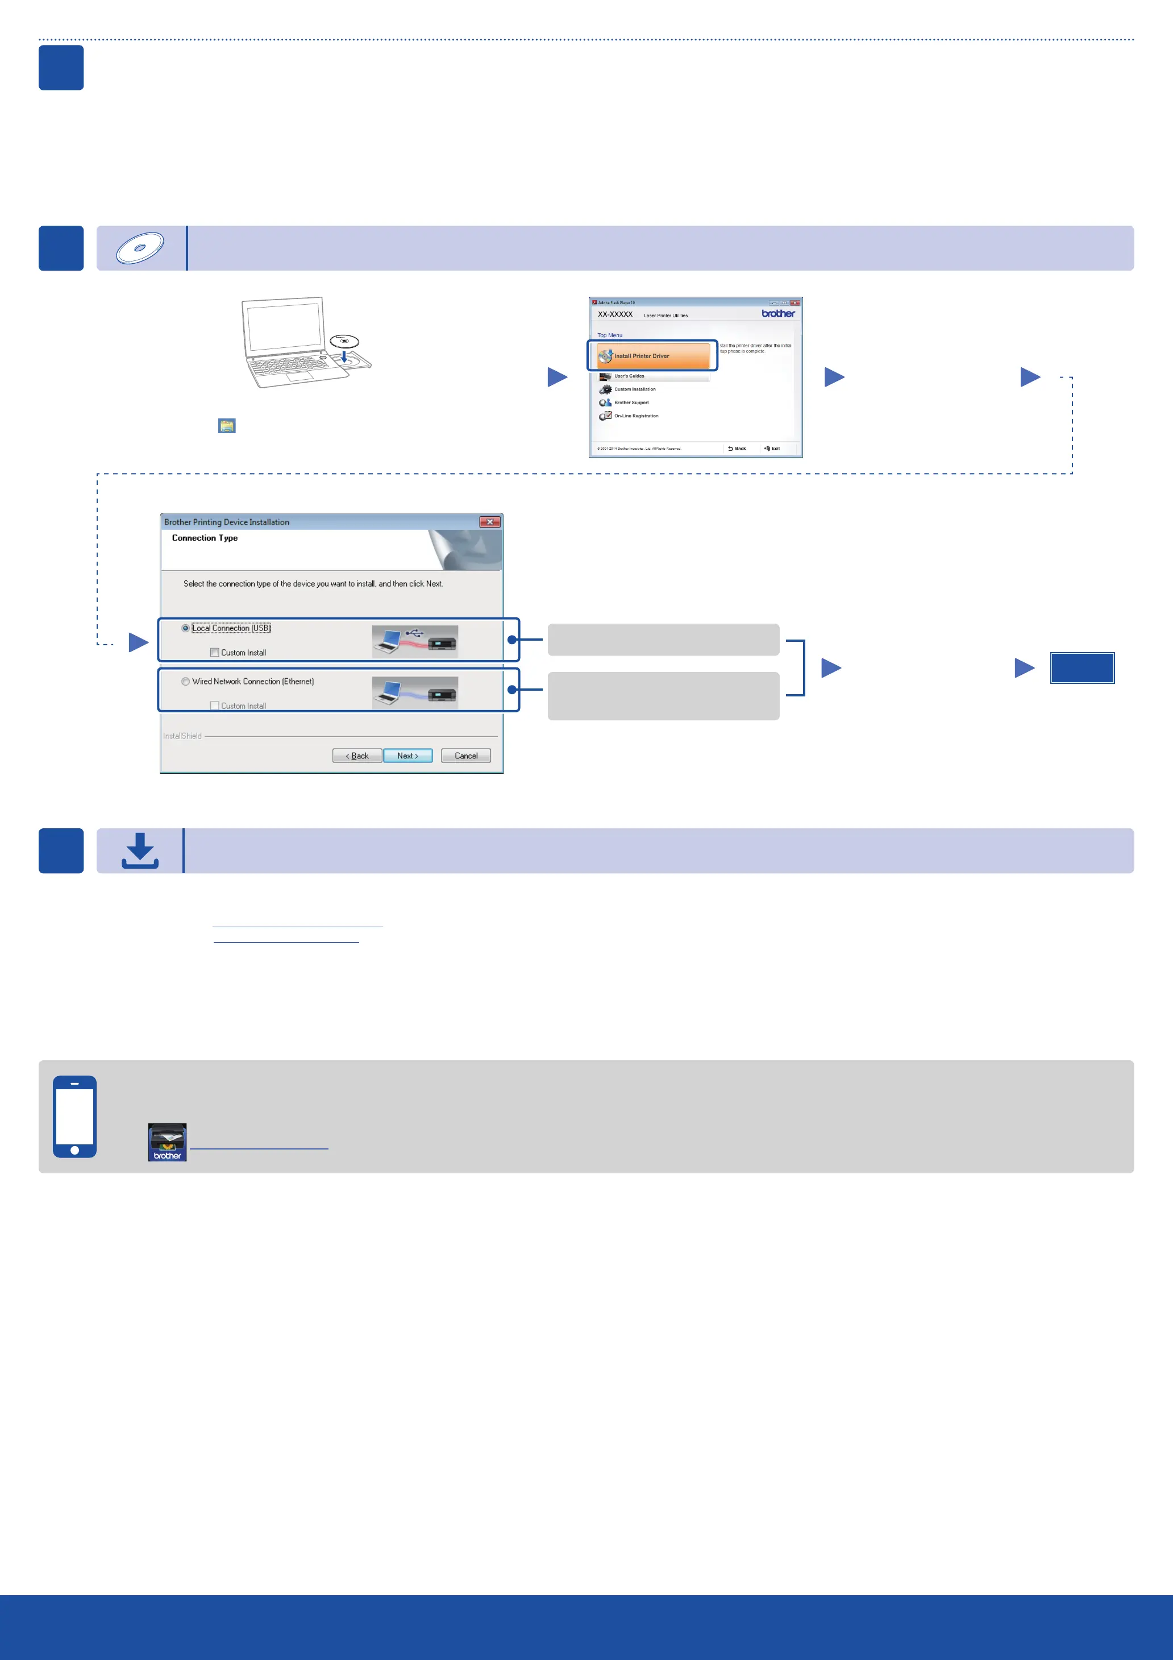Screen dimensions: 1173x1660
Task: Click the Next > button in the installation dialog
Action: tap(407, 756)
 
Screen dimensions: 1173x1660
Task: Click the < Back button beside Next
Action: tap(357, 756)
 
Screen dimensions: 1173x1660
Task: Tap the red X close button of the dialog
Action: tap(489, 522)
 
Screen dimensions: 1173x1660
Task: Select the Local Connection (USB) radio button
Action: tap(186, 628)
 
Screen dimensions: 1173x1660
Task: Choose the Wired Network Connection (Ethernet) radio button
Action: tap(186, 682)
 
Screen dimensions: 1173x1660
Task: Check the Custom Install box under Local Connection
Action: tap(215, 653)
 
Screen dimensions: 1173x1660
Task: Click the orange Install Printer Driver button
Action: tap(652, 356)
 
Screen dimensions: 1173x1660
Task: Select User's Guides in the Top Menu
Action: tap(629, 376)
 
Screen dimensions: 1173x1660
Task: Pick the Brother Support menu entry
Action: tap(631, 402)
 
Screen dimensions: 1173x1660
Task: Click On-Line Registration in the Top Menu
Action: tap(635, 416)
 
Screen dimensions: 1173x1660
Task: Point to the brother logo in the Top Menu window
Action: tap(777, 314)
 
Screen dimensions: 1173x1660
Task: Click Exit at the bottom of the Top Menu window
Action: tap(772, 449)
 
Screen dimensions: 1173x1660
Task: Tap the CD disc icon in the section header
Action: tap(140, 248)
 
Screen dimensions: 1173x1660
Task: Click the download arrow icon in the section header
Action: tap(140, 850)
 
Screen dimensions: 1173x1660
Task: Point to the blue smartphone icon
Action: tap(74, 1117)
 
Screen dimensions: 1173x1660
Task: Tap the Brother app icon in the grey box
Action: tap(167, 1142)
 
